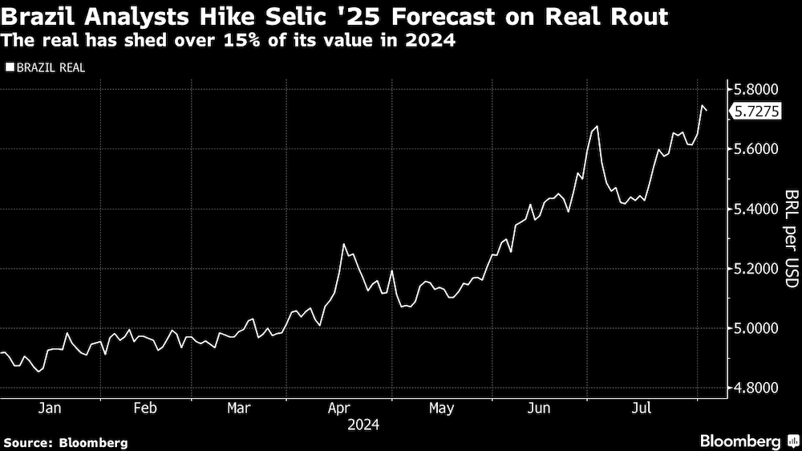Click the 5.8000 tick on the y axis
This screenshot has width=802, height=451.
coord(755,89)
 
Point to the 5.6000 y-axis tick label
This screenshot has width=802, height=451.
coord(755,149)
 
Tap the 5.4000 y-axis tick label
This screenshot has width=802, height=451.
coord(755,209)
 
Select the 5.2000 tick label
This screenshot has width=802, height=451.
coord(755,269)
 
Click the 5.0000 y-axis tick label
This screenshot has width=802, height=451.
coord(755,329)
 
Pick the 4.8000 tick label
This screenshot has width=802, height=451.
coord(755,388)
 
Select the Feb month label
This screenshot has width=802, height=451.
coord(144,408)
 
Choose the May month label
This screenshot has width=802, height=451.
coord(441,408)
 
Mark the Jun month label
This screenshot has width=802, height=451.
coord(540,408)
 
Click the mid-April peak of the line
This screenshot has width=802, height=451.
coord(344,244)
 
